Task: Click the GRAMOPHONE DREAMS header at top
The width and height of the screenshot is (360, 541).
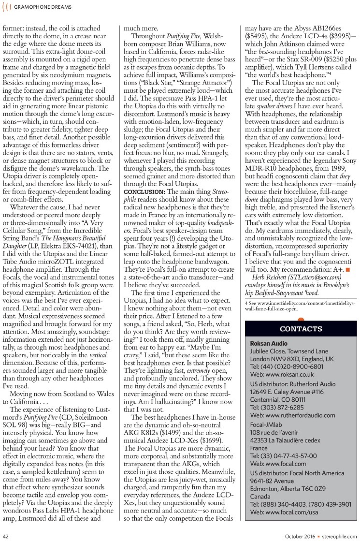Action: click(x=43, y=7)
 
